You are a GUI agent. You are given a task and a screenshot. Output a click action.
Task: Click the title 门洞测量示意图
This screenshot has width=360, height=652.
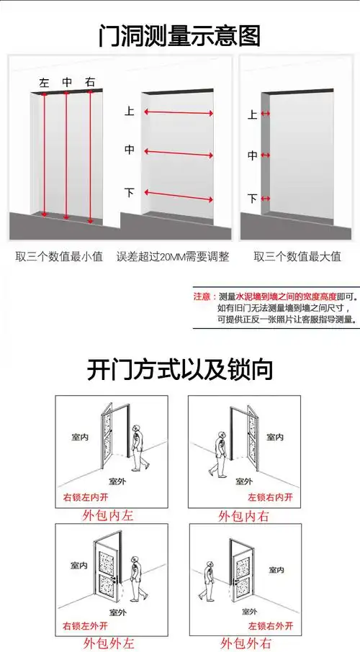(179, 35)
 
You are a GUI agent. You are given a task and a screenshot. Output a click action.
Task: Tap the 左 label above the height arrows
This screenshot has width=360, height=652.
(44, 83)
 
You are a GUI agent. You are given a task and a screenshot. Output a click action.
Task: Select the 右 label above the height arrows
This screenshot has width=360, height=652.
(89, 83)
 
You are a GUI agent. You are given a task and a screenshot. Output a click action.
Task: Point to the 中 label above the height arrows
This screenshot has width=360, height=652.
(67, 83)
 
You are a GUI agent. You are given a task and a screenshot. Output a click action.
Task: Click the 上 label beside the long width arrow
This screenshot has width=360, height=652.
(130, 112)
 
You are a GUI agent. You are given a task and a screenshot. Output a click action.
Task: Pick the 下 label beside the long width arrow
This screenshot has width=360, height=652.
(130, 193)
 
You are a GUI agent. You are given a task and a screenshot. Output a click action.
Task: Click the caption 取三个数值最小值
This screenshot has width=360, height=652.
(59, 256)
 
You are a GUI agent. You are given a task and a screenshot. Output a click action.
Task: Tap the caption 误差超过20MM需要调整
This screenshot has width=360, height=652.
(173, 256)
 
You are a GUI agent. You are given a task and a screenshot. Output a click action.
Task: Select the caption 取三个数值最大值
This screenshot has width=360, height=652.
(297, 256)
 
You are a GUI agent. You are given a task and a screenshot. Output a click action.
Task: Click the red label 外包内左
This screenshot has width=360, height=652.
(109, 515)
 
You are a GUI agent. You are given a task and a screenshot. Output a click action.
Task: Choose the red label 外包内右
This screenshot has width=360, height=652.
(244, 515)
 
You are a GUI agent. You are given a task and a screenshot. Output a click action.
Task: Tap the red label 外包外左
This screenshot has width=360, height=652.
(109, 643)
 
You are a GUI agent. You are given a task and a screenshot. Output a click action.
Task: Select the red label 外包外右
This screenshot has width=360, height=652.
(244, 643)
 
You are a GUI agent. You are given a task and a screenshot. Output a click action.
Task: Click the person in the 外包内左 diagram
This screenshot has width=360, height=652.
(142, 445)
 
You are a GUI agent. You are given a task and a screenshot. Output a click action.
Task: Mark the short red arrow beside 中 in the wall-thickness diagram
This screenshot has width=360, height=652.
(266, 155)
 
